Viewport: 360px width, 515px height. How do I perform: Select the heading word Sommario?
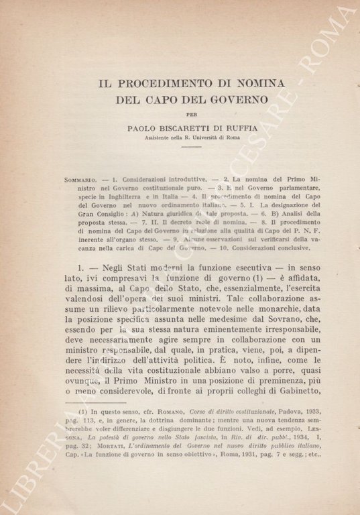click(83, 182)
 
